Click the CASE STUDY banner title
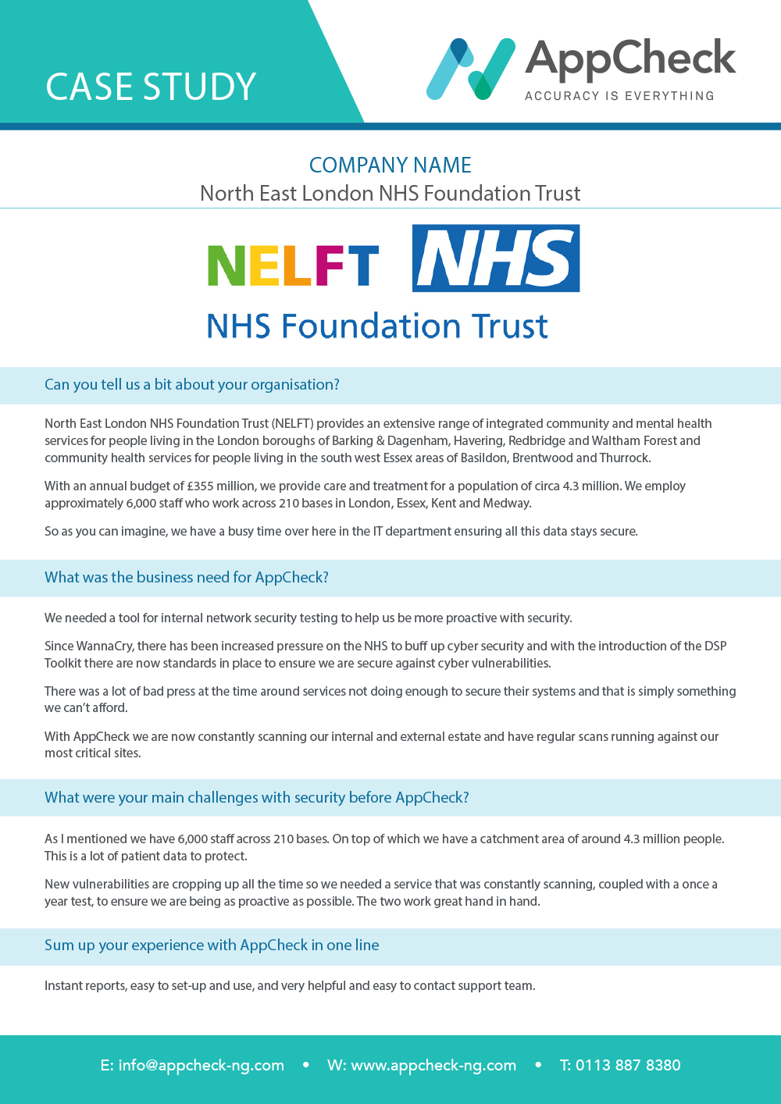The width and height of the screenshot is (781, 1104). click(151, 87)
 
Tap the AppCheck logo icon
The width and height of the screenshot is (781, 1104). click(471, 69)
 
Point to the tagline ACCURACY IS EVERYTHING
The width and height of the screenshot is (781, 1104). click(619, 96)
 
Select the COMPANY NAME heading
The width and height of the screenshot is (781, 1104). click(390, 166)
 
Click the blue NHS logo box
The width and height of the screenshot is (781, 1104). click(496, 258)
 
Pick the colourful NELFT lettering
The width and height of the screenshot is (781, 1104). click(293, 265)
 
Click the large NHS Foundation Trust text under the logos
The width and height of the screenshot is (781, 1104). click(377, 326)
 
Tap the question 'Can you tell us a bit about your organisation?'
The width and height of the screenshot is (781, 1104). click(192, 384)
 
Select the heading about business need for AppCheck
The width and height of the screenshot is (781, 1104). click(187, 577)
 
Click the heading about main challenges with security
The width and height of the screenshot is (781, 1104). click(257, 797)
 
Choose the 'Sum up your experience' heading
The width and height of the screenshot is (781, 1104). click(212, 945)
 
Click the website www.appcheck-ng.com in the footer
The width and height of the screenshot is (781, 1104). click(433, 1065)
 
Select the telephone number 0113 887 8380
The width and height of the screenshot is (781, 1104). click(628, 1065)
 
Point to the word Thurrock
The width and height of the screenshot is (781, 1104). click(625, 458)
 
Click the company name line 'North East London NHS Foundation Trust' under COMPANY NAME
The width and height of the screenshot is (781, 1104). click(390, 193)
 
